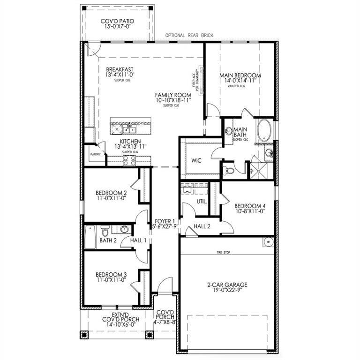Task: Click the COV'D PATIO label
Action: [117, 21]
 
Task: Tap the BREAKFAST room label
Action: [120, 68]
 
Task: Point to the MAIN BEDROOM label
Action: [240, 75]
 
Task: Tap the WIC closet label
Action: [196, 160]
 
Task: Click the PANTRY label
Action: [95, 153]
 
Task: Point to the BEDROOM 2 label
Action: [111, 193]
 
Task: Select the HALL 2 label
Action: [202, 226]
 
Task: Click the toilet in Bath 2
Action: [105, 231]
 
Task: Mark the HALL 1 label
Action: [138, 240]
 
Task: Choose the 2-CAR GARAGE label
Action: [227, 285]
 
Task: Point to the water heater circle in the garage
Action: [269, 242]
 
